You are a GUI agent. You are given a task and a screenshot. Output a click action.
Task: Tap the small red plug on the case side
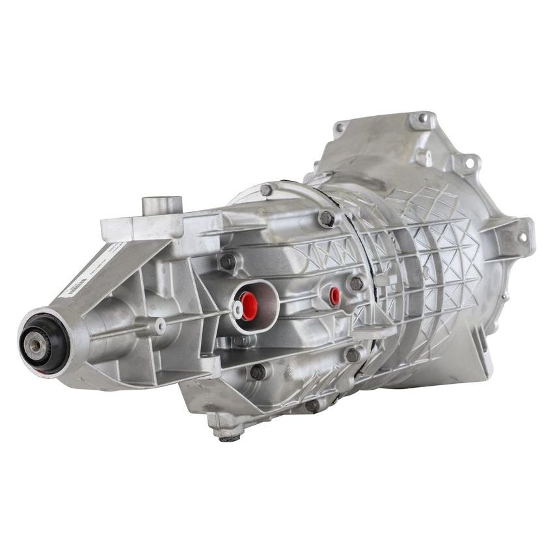(x=334, y=296)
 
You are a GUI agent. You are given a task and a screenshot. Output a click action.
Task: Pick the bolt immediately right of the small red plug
(x=356, y=283)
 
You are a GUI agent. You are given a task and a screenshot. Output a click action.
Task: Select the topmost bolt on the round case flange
(x=265, y=189)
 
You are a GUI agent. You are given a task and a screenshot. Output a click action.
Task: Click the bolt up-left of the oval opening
(x=227, y=261)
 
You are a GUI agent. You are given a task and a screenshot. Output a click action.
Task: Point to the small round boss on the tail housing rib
(x=159, y=325)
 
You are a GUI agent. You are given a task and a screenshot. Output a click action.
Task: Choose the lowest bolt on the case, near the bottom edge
(x=312, y=405)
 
